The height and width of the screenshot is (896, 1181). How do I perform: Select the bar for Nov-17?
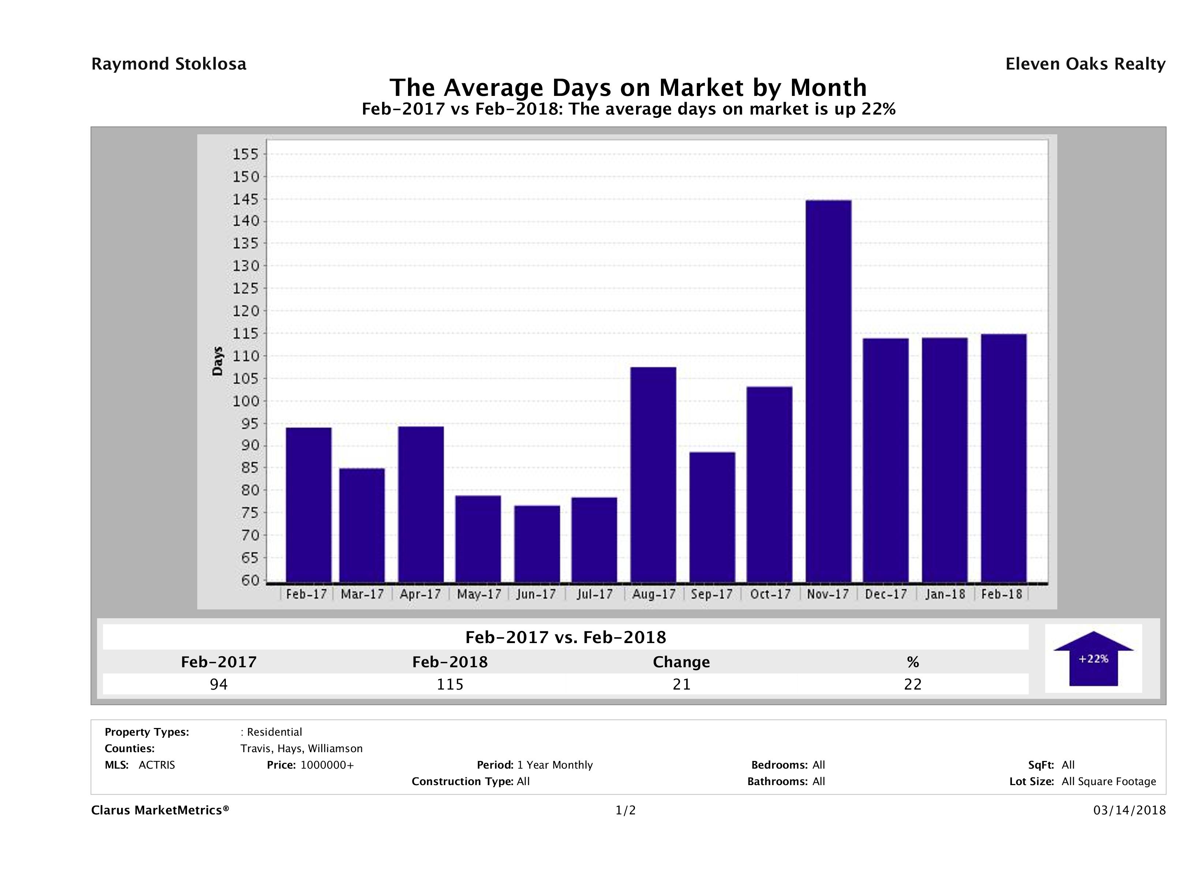829,391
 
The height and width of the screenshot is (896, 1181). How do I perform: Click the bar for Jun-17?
537,544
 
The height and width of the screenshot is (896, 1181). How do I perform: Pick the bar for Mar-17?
362,525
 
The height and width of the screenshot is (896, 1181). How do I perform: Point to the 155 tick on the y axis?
246,154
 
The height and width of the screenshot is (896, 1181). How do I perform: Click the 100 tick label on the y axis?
246,401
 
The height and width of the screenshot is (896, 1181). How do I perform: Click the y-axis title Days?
217,362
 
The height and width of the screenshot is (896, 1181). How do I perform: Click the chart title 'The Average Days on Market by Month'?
628,87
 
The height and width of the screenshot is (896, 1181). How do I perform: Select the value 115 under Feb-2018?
450,684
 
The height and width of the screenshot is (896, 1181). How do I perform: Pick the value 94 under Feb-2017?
219,684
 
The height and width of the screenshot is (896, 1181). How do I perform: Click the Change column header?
681,662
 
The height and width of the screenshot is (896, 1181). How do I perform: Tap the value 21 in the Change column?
682,684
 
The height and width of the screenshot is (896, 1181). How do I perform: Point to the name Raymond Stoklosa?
169,64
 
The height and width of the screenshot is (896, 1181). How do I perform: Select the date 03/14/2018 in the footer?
1129,810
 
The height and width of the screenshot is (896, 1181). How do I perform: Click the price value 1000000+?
327,765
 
